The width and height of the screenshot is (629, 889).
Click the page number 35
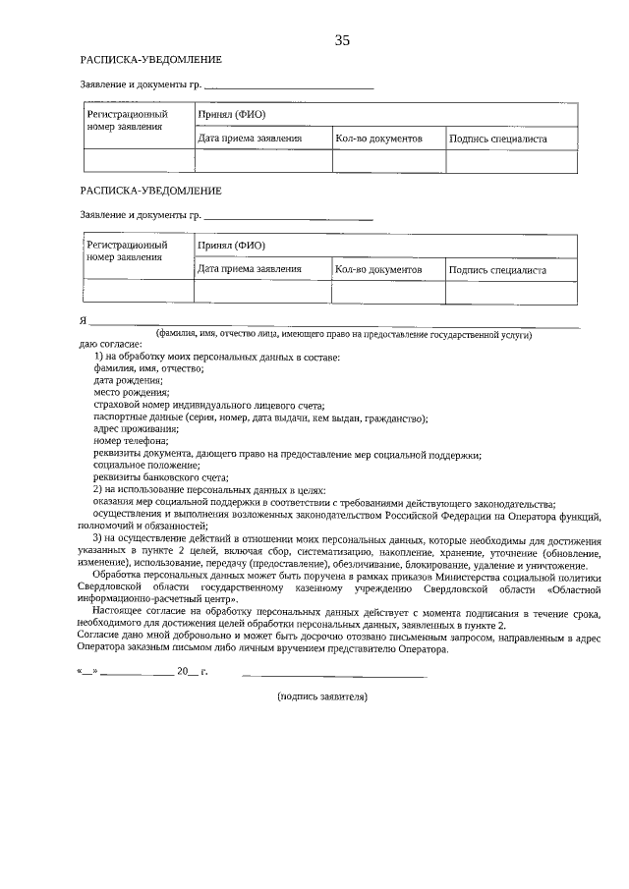point(342,40)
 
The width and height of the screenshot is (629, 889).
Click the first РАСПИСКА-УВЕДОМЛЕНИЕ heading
point(150,60)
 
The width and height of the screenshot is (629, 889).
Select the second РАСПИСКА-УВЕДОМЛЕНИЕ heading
point(150,190)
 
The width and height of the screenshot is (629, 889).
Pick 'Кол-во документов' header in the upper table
point(378,139)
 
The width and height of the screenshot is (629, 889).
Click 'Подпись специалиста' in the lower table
point(497,269)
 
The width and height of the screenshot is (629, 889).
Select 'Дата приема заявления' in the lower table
point(250,268)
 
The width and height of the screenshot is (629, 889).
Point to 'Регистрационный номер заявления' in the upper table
point(127,121)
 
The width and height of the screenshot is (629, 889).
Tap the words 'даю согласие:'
point(109,345)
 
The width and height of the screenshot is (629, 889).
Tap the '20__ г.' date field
point(192,673)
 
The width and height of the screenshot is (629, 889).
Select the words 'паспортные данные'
point(135,417)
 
